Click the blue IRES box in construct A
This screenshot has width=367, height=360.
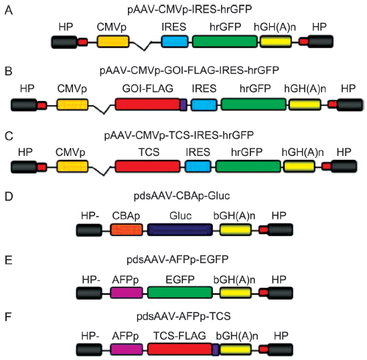click(175, 41)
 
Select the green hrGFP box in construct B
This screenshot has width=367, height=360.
click(253, 104)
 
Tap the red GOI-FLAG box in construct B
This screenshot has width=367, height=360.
click(147, 104)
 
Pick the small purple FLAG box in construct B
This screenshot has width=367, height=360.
click(183, 104)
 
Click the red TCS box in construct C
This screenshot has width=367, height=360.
click(147, 167)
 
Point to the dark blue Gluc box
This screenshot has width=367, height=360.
click(180, 230)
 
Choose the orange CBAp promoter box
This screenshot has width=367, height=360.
click(127, 230)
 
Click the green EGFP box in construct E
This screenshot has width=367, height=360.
click(180, 292)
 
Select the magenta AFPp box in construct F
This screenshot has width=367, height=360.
click(127, 349)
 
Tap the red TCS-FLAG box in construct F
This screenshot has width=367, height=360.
click(180, 349)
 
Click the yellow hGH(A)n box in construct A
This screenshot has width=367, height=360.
click(276, 41)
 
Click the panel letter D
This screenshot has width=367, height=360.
click(9, 197)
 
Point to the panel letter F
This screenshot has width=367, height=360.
click(8, 317)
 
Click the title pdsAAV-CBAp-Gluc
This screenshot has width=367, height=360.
click(182, 196)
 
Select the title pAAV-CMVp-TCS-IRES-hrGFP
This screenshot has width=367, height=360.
click(179, 135)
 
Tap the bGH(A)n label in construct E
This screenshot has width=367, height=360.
click(234, 280)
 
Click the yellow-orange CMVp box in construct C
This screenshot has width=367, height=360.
click(72, 167)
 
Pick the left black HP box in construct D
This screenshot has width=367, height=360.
click(89, 230)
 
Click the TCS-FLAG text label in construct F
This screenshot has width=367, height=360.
click(179, 336)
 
